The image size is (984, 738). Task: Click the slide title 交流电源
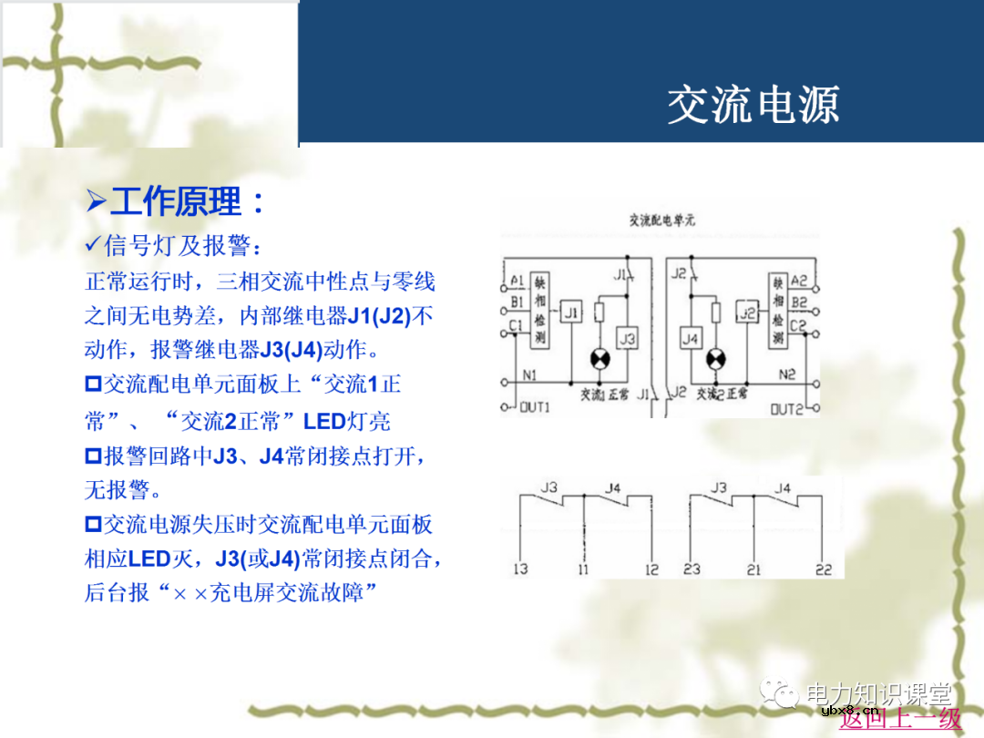753,106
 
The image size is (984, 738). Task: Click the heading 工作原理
187,201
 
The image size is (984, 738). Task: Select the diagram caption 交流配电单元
662,220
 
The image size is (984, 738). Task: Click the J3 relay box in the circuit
627,339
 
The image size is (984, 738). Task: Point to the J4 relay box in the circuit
691,339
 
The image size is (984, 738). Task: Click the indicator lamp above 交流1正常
599,359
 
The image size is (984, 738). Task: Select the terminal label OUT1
535,407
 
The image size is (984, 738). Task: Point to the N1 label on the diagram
529,374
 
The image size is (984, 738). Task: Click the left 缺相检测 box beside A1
538,311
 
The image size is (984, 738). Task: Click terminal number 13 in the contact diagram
520,569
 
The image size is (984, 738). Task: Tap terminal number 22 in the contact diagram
824,569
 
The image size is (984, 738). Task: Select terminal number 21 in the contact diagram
753,569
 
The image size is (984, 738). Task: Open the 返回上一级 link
900,719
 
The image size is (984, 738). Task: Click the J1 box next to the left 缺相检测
571,313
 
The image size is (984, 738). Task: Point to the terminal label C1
517,324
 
